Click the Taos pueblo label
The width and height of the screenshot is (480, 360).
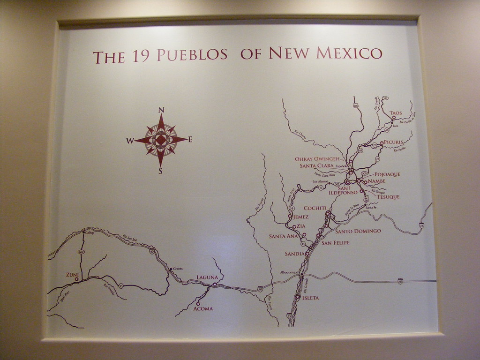tap(396, 113)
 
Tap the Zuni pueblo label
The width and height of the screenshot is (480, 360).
tap(72, 274)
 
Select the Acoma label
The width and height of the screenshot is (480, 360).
tap(203, 308)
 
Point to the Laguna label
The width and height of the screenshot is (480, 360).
tap(207, 277)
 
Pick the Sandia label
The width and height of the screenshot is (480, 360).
tap(295, 254)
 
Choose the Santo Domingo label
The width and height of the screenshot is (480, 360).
tap(358, 231)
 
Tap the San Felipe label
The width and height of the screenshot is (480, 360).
tap(335, 242)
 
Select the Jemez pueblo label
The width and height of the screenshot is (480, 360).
tap(300, 217)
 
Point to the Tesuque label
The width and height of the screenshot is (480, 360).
tap(388, 197)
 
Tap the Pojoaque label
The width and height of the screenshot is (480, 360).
tap(388, 174)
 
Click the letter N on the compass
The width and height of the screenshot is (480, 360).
tap(161, 110)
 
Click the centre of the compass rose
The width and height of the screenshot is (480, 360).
tap(161, 140)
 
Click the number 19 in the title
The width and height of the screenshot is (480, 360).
tap(140, 56)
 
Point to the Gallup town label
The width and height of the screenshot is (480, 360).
tap(90, 232)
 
